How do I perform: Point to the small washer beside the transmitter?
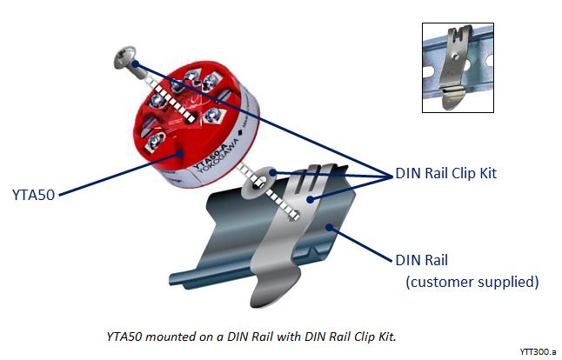[x=260, y=182]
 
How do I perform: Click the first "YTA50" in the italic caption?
[x=124, y=334]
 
